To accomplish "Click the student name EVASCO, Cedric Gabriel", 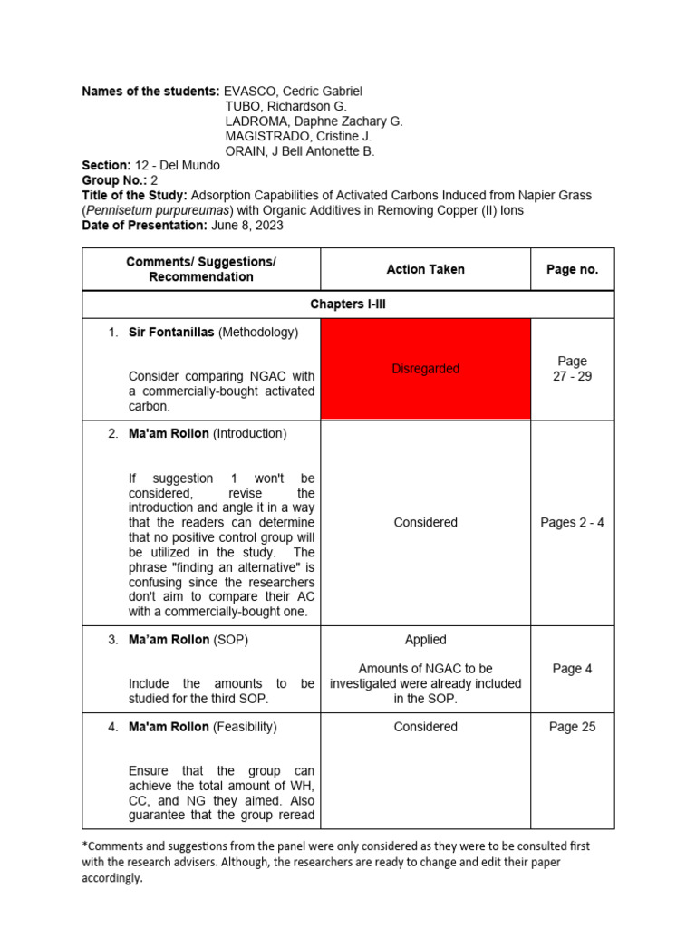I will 293,92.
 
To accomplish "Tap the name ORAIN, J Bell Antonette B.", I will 299,151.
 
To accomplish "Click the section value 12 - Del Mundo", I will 177,166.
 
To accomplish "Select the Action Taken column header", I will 425,269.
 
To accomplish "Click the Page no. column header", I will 572,269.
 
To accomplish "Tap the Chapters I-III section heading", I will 348,304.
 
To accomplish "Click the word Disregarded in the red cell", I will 425,369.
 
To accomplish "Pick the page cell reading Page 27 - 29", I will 572,369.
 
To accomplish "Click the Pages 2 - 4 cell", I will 572,523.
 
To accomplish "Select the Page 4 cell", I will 572,669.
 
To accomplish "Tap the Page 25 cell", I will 572,727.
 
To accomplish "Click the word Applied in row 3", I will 425,640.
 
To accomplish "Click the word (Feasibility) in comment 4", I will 245,727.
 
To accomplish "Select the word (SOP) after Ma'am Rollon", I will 230,640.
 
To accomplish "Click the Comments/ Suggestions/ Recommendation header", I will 201,269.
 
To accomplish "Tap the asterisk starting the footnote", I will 85,846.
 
